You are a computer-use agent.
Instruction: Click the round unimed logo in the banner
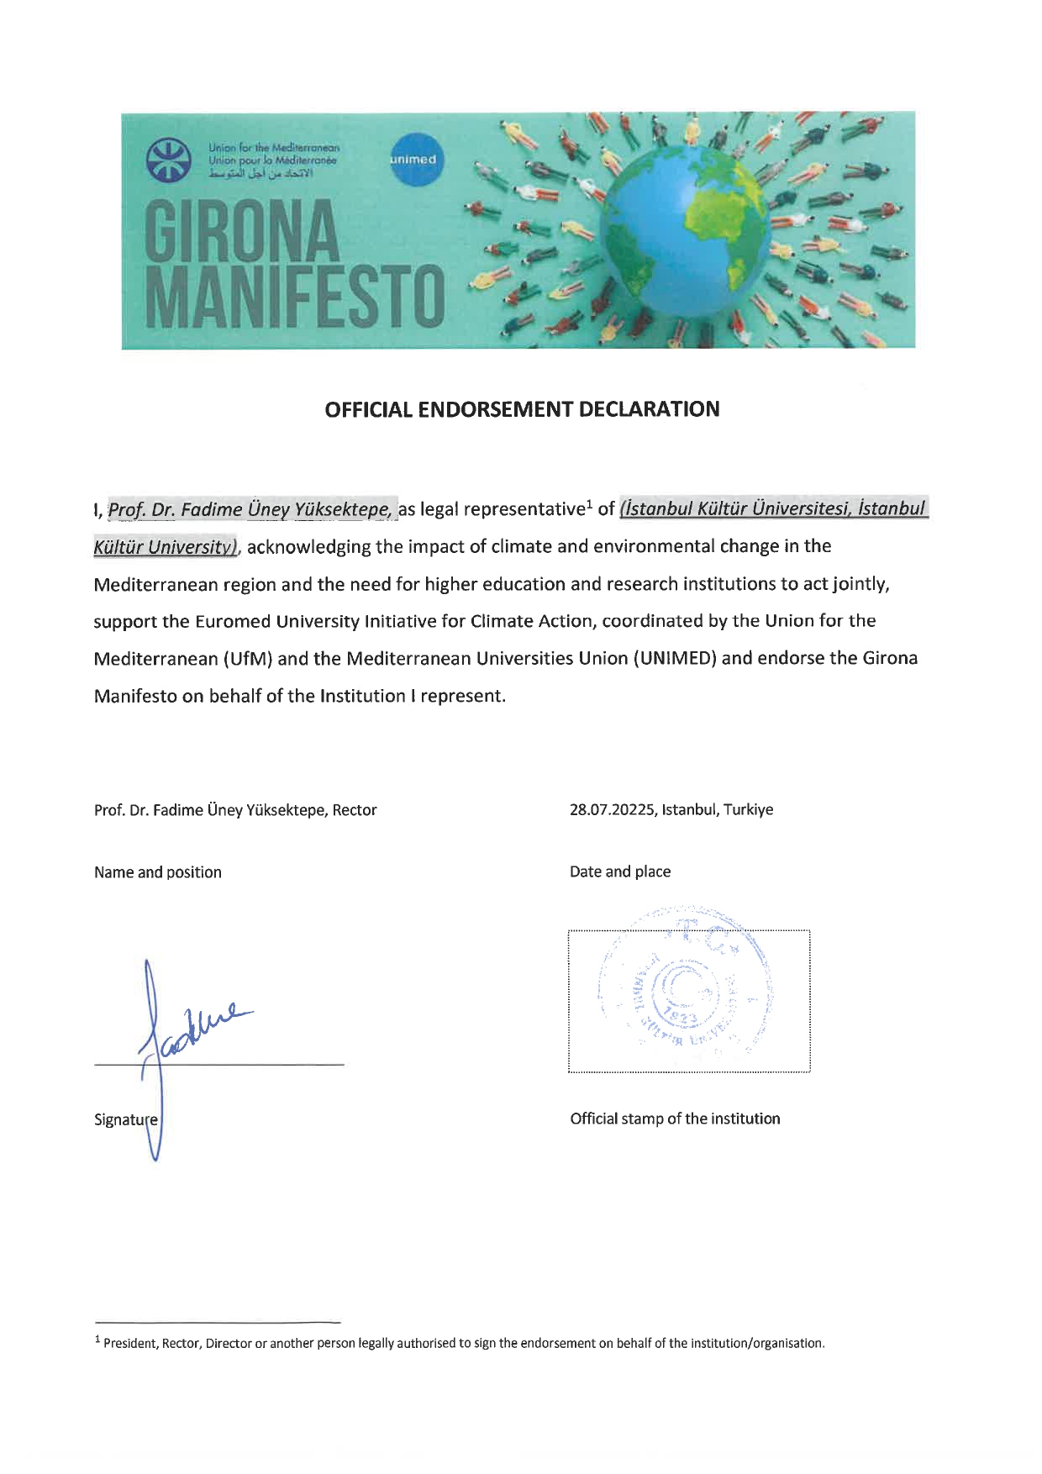413,159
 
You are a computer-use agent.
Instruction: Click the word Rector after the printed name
355,810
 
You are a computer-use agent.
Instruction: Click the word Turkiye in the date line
749,810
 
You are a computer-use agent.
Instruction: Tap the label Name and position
158,872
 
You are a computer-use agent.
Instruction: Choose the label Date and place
620,871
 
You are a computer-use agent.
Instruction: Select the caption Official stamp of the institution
675,1119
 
